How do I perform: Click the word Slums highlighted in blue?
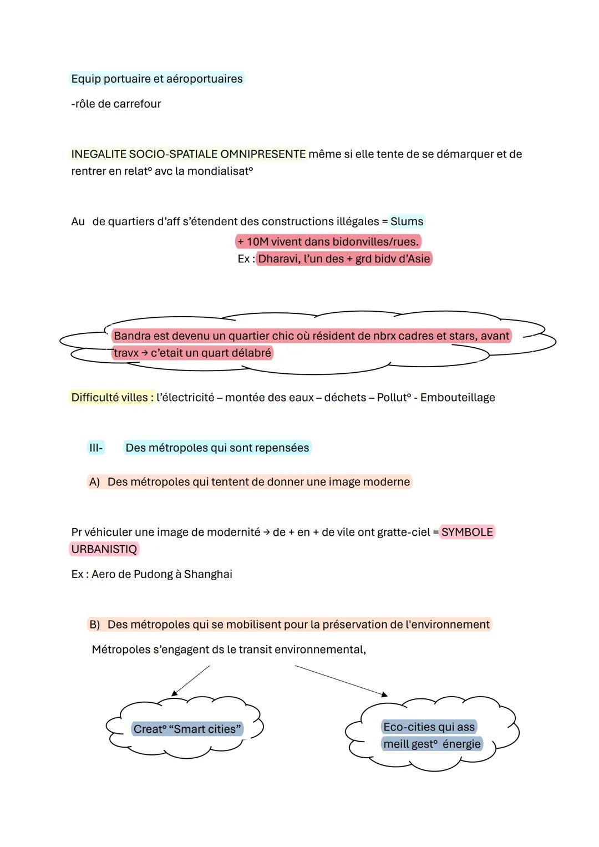pos(407,221)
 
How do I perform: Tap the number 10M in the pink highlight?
pos(257,241)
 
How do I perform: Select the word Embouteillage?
pos(458,397)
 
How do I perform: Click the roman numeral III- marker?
pos(96,448)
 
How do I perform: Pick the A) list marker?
pos(94,481)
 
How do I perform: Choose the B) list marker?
pos(94,624)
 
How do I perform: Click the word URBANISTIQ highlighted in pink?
pos(104,549)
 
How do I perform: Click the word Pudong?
pos(153,574)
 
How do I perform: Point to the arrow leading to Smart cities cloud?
pos(191,681)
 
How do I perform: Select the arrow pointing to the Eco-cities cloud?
pos(341,681)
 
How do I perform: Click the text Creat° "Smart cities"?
pos(187,729)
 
